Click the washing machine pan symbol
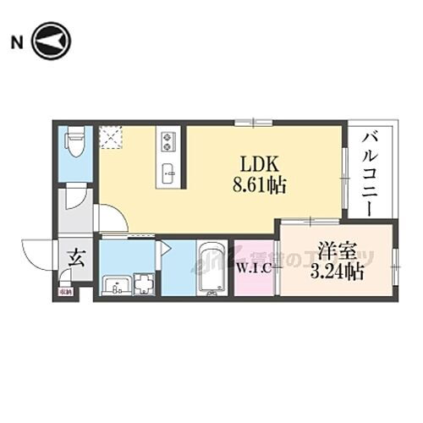[x=144, y=283]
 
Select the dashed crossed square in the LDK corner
[x=110, y=137]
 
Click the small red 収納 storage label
[x=66, y=293]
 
